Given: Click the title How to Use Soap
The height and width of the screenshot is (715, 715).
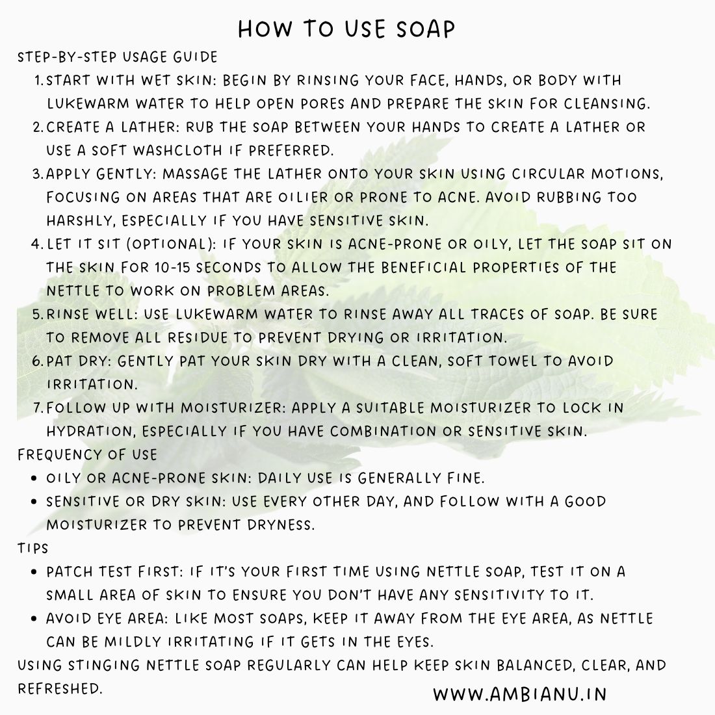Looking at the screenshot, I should (346, 29).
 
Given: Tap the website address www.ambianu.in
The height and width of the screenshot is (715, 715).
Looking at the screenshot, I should (519, 694).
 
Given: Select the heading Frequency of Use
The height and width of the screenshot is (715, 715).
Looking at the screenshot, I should (87, 454).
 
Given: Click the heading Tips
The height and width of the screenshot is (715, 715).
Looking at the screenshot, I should (33, 548).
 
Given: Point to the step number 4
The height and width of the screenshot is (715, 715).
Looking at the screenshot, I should (36, 244).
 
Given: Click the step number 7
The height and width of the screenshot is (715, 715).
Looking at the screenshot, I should (37, 408).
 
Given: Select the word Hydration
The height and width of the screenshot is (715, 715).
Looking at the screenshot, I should (90, 431).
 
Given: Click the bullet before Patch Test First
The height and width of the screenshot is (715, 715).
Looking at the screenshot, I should (34, 572).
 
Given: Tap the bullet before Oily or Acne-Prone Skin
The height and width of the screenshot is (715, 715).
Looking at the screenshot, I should (34, 478).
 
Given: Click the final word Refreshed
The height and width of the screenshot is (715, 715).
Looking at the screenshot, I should (60, 688).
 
